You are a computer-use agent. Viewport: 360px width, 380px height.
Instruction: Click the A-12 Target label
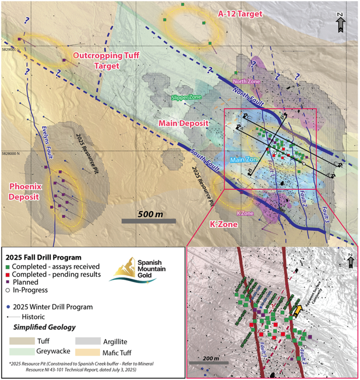coord(240,14)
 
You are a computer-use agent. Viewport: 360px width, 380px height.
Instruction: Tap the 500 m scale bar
coord(148,220)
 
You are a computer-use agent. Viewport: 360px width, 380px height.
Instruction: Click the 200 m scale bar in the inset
coord(209,362)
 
